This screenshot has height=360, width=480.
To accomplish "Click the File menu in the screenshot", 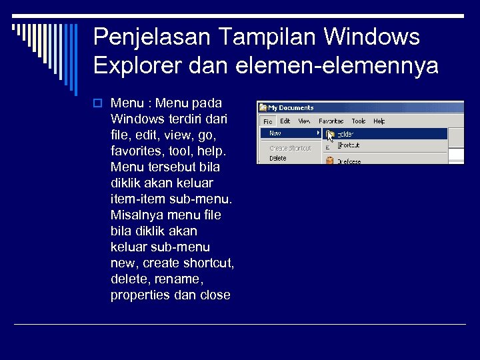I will coord(267,121).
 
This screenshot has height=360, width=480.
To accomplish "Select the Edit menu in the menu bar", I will coord(285,121).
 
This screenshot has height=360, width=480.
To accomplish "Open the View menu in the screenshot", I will coord(304,121).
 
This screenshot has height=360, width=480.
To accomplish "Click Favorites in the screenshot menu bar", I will coord(331,121).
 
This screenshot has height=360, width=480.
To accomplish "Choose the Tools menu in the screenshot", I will coord(359,121).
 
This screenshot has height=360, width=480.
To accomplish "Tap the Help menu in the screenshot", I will coord(379,121).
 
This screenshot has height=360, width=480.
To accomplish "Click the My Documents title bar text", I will coord(291,107).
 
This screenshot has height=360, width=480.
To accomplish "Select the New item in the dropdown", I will coord(275,133).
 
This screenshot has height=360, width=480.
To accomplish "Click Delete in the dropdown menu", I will coord(278,159).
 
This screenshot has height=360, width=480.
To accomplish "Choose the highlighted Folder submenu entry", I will coord(347,134).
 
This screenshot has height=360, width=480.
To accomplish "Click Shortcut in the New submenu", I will coord(348,145).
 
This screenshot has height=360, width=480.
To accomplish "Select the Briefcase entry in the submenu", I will coord(349,161).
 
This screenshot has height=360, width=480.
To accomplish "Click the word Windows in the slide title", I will coord(371,37).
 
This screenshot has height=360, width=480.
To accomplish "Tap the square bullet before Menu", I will coord(97,103).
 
